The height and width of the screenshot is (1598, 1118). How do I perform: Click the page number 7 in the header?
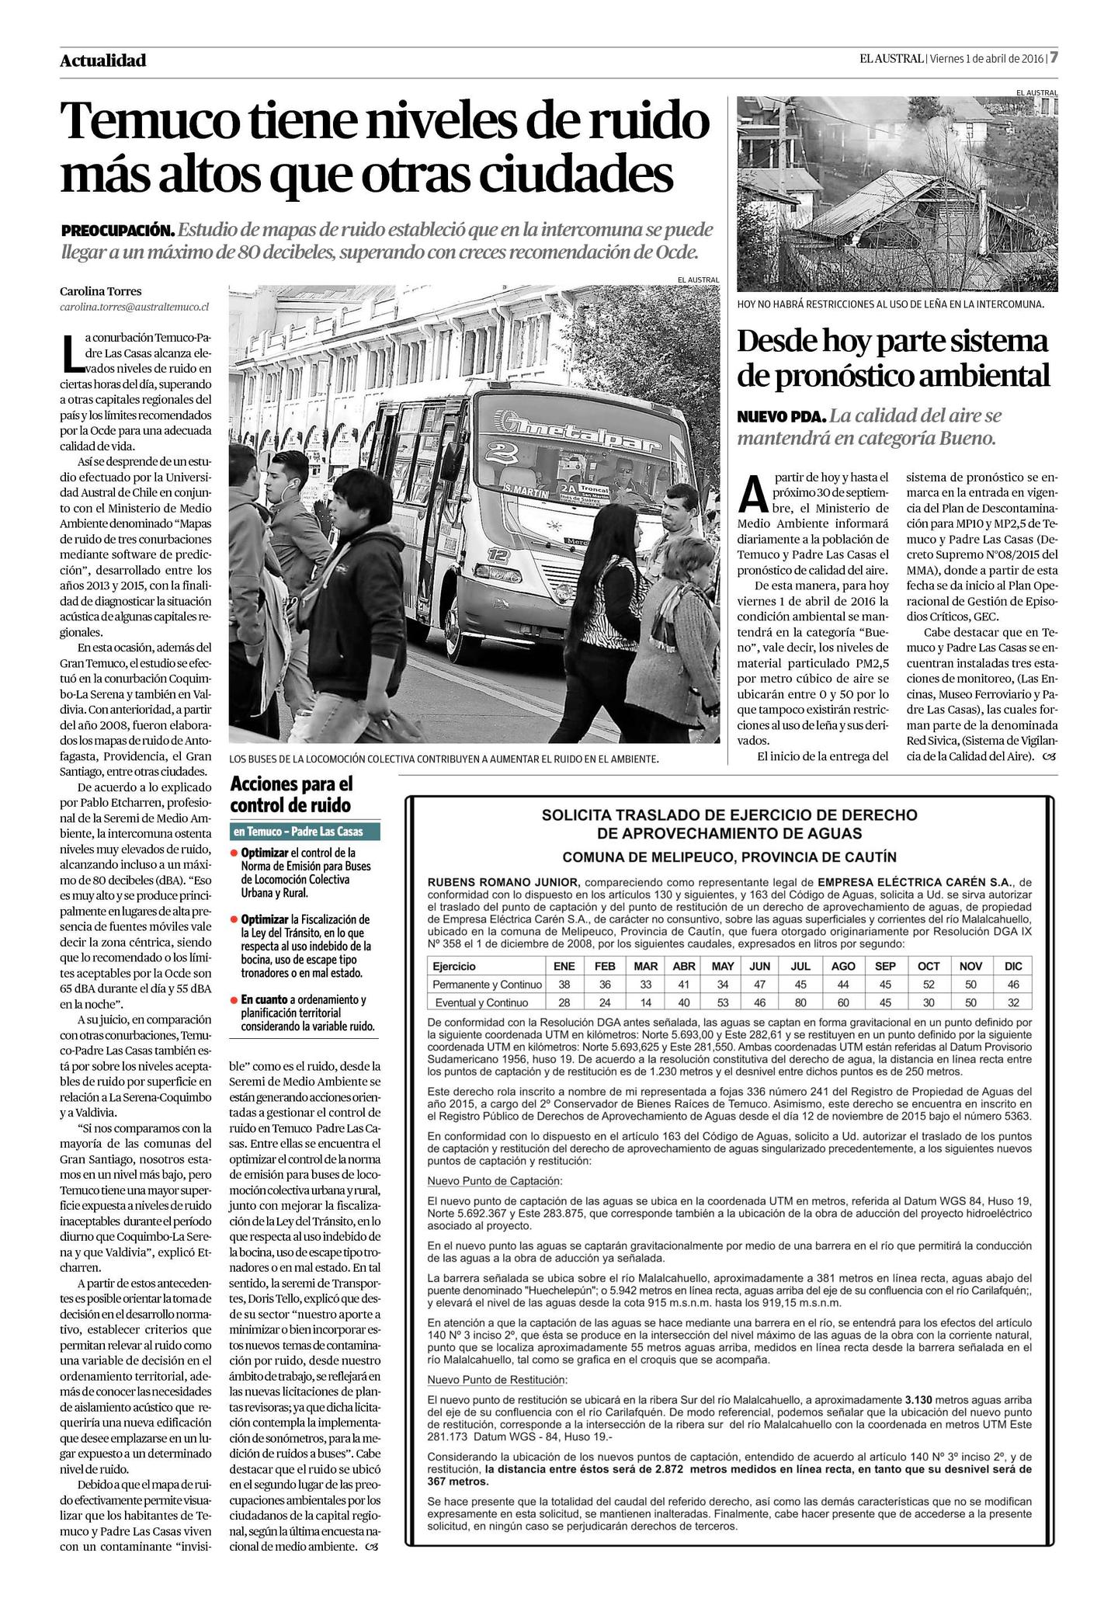pos(1054,58)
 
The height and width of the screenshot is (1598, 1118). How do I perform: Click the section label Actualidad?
pos(102,61)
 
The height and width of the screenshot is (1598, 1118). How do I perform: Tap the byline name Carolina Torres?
pos(101,291)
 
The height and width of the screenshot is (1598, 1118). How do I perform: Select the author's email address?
pos(134,307)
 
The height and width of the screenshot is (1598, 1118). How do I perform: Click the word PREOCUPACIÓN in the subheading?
pos(117,231)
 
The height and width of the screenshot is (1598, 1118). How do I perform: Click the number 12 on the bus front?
pos(498,554)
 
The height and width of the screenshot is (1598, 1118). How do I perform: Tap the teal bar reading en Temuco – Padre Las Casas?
pos(305,831)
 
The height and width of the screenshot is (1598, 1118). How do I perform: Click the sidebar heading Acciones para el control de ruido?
pos(291,794)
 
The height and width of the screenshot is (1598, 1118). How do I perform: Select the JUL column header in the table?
pos(800,967)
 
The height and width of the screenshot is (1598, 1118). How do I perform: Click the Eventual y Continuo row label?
pos(481,1002)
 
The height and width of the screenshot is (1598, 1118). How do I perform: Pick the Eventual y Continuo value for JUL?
pos(800,1002)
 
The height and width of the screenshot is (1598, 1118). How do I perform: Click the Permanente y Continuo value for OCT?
pos(928,985)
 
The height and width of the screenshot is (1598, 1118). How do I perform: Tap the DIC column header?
pos(1012,967)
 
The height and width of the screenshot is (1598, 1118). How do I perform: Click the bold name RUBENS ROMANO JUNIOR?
pos(503,882)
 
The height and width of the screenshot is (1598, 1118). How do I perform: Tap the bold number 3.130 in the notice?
pos(922,1399)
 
